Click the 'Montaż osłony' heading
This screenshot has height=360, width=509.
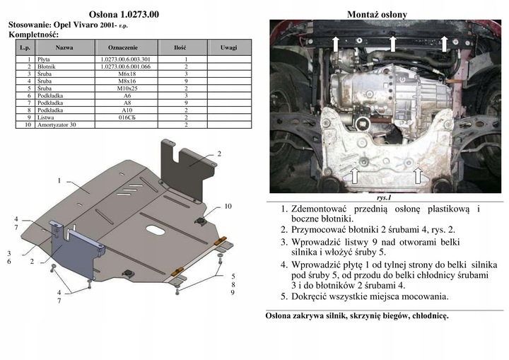[377, 14]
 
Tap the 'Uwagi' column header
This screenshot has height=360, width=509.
[228, 47]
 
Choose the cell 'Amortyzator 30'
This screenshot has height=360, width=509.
[64, 125]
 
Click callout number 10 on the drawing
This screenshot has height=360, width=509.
[228, 207]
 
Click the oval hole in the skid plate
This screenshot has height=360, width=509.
[153, 228]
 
